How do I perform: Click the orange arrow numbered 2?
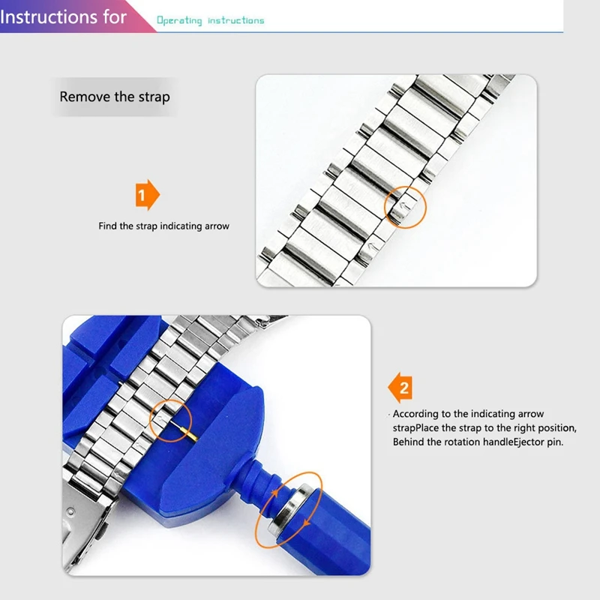tap(400, 388)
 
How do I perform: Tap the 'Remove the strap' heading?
tap(115, 97)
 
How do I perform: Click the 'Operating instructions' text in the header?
tap(210, 20)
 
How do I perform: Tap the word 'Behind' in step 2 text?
tap(409, 442)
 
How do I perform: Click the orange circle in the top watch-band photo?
tap(406, 203)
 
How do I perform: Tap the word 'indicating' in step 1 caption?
tap(179, 226)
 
